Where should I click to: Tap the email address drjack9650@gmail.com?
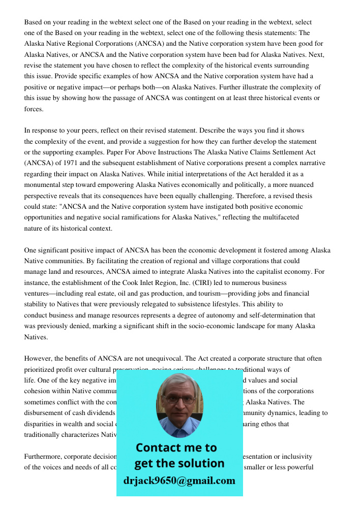point(179,481)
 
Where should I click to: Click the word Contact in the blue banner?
point(158,448)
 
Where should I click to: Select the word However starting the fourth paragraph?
point(38,359)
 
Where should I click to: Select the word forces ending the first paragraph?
point(34,109)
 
